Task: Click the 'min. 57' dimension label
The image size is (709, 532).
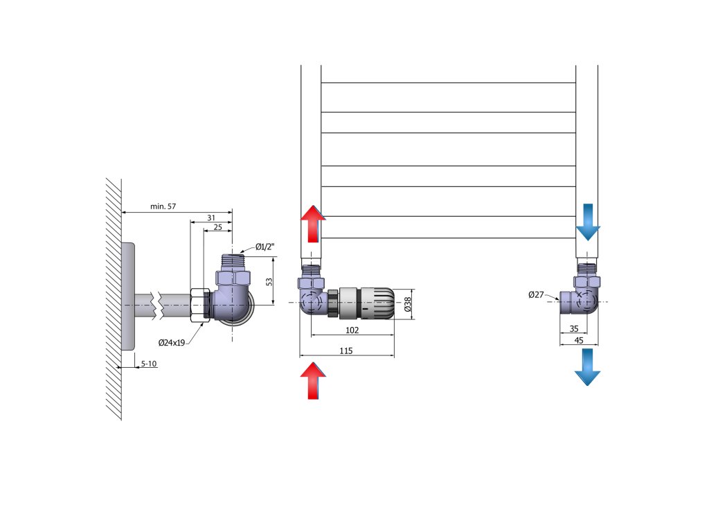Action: (x=163, y=206)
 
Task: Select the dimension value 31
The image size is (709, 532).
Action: (x=211, y=218)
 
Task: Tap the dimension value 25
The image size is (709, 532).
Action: (x=217, y=227)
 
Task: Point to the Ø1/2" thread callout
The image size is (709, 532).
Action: (x=265, y=247)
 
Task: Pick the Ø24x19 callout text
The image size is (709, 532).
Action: (x=171, y=342)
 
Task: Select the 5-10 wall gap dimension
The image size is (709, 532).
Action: (x=149, y=363)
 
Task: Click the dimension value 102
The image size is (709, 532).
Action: (x=352, y=330)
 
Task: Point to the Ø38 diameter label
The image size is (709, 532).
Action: (x=408, y=303)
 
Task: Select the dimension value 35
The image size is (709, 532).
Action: (x=574, y=329)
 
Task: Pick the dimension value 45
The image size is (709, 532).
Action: (x=579, y=340)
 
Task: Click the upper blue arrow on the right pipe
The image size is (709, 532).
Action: (x=588, y=222)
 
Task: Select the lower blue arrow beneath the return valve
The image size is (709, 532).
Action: (x=587, y=367)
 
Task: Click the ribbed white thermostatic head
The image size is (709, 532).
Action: (x=378, y=303)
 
